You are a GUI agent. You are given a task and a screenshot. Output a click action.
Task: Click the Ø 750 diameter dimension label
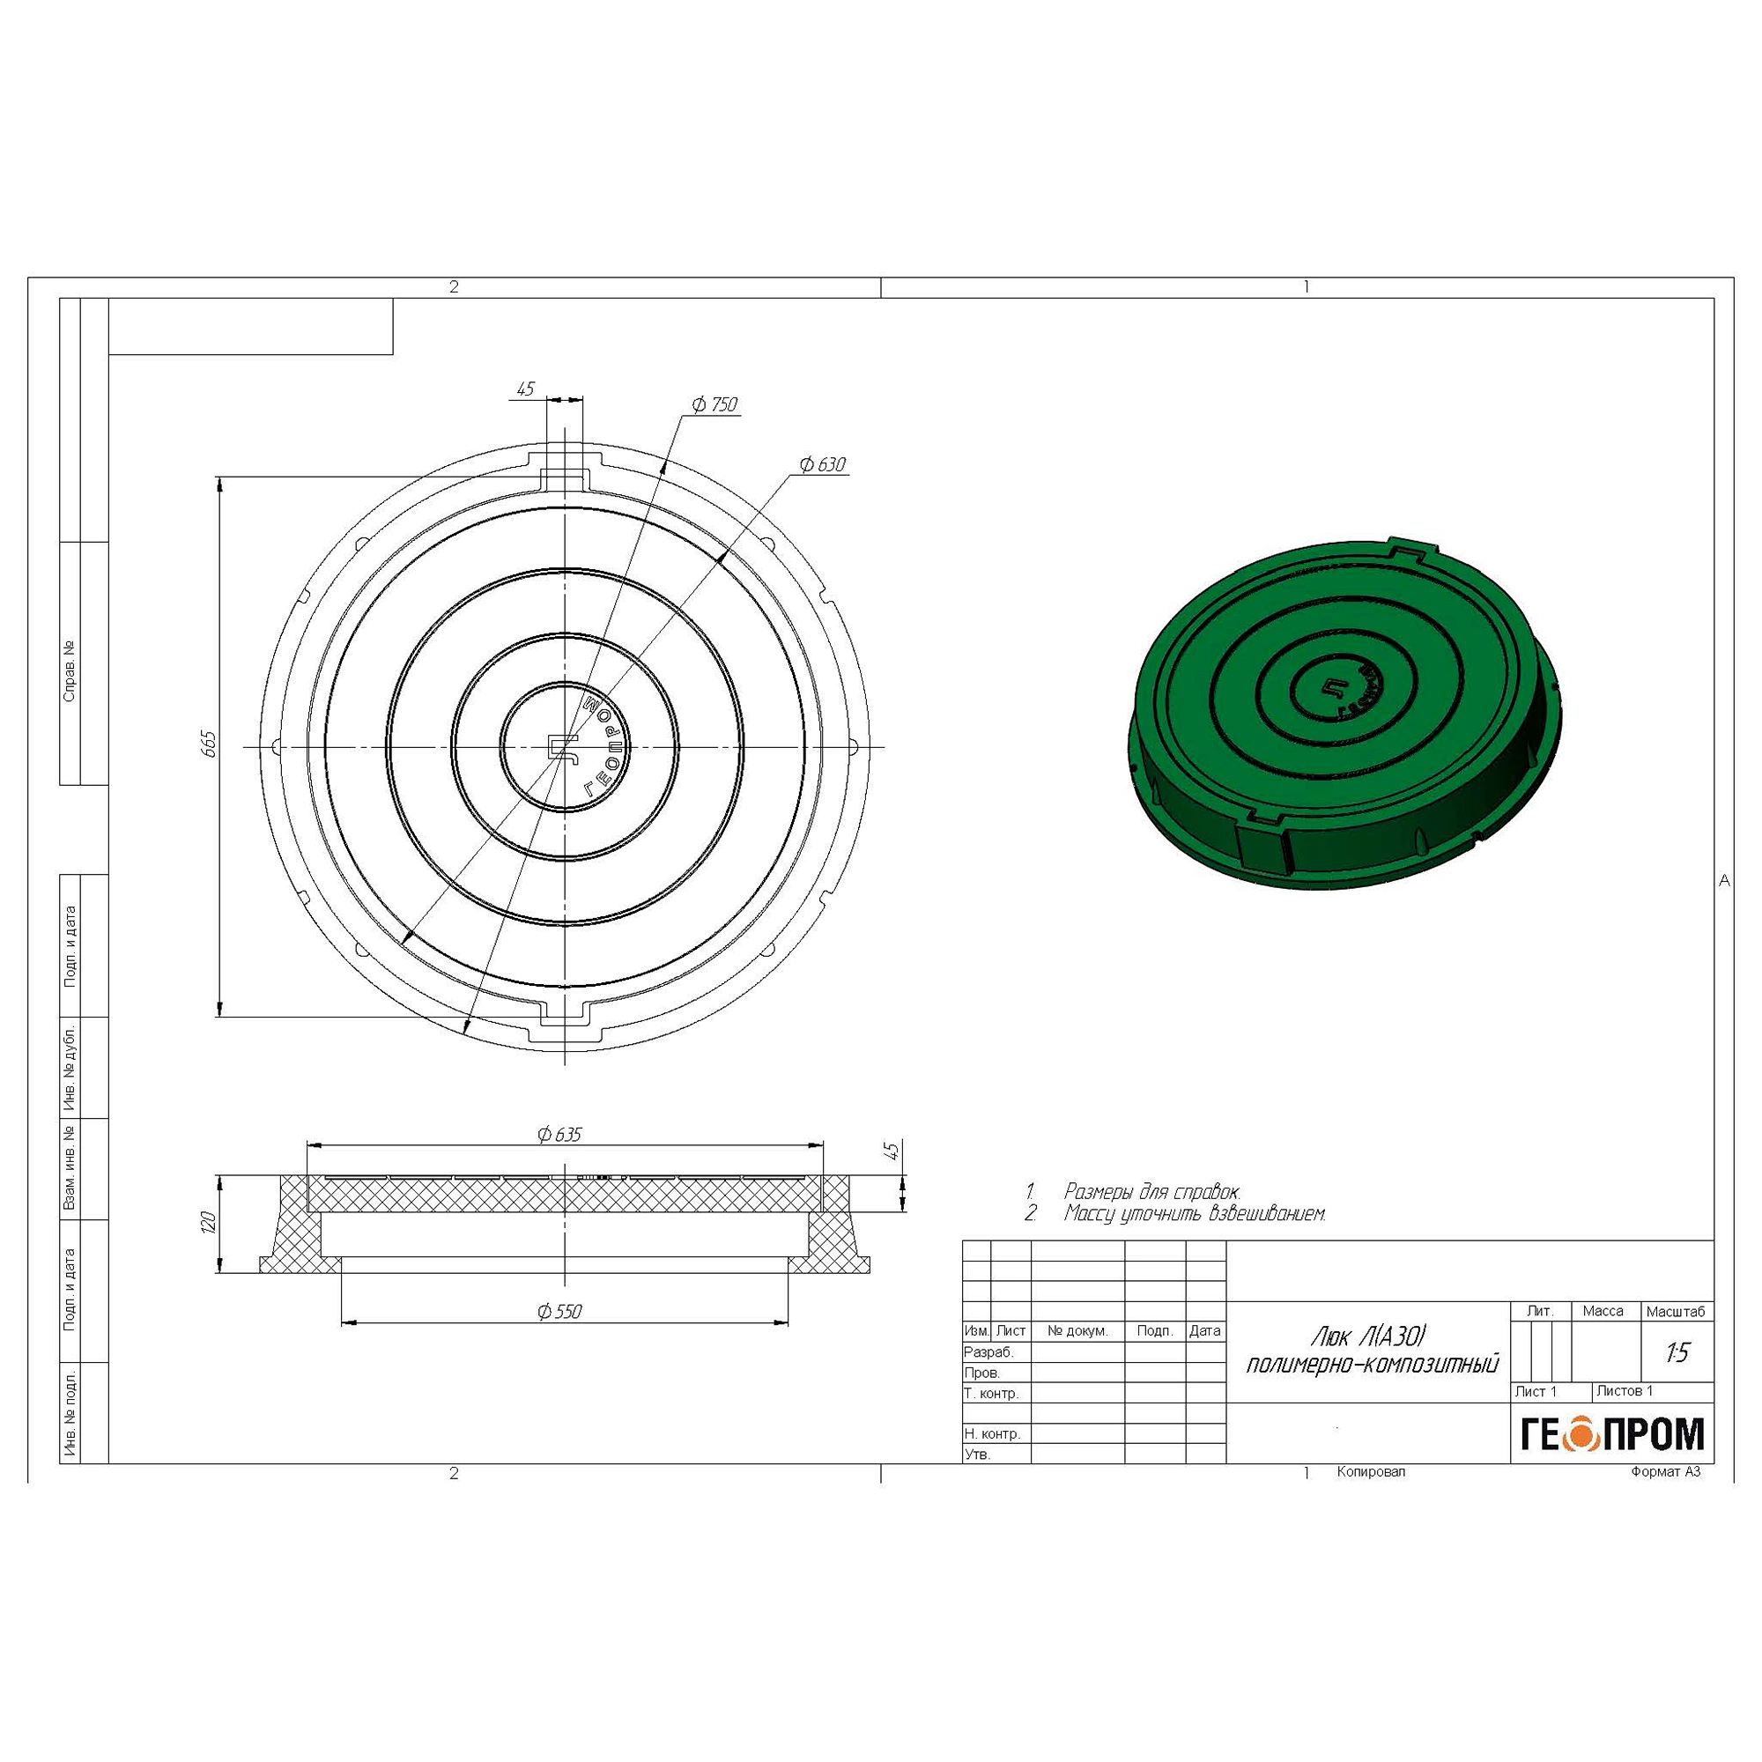(714, 404)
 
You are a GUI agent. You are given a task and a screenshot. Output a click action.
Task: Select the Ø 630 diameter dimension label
(823, 465)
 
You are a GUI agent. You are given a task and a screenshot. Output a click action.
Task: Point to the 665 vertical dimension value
(209, 744)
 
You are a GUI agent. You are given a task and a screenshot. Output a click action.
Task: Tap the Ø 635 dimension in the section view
(559, 1135)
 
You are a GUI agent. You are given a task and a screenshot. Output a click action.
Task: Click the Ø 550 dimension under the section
(559, 1312)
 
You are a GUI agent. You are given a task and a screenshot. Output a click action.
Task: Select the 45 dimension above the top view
(525, 389)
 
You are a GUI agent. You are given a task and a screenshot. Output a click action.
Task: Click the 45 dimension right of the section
(892, 1150)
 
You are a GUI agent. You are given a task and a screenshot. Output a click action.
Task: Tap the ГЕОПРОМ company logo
(1611, 1433)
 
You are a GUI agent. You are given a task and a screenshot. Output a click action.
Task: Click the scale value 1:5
(1677, 1352)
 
